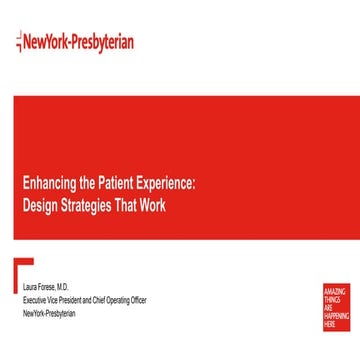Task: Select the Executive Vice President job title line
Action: [x=68, y=297]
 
